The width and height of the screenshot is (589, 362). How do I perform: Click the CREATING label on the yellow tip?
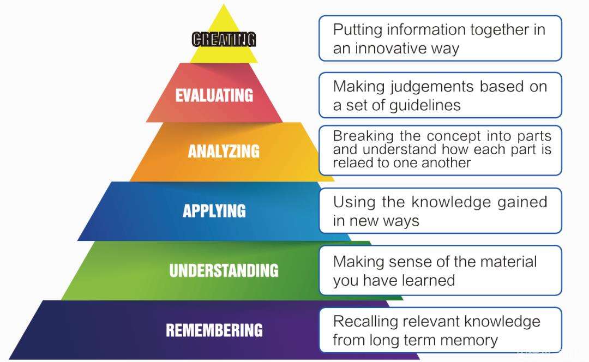point(224,39)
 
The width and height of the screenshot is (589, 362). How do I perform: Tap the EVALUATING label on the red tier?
point(214,95)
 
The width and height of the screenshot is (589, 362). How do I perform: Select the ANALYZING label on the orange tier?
point(224,151)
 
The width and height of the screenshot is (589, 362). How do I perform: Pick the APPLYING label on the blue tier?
point(214,211)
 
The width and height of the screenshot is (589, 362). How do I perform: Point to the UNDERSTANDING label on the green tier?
point(224,270)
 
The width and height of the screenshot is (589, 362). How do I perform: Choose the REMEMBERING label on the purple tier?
point(214,330)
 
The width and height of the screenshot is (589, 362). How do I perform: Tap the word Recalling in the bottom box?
point(360,321)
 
